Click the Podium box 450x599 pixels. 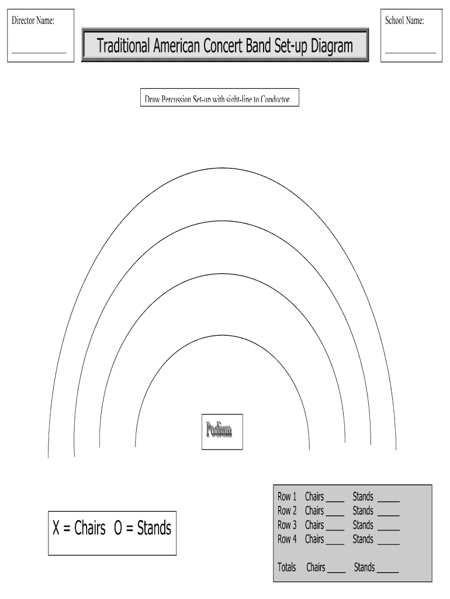[x=221, y=432]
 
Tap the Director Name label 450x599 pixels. [x=33, y=21]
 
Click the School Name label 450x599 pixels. [x=404, y=21]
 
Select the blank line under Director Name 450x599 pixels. [x=39, y=52]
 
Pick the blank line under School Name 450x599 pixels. [x=411, y=52]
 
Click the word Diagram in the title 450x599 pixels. [x=331, y=46]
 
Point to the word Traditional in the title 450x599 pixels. [x=123, y=46]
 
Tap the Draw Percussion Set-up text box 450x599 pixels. [x=217, y=99]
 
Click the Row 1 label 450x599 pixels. [x=287, y=497]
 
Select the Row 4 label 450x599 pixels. [x=287, y=539]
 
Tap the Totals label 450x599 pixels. [x=287, y=567]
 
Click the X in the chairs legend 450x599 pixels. [x=57, y=528]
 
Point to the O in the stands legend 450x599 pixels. [x=118, y=528]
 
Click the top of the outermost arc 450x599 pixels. [x=222, y=168]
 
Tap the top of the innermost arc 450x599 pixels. [x=222, y=335]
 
